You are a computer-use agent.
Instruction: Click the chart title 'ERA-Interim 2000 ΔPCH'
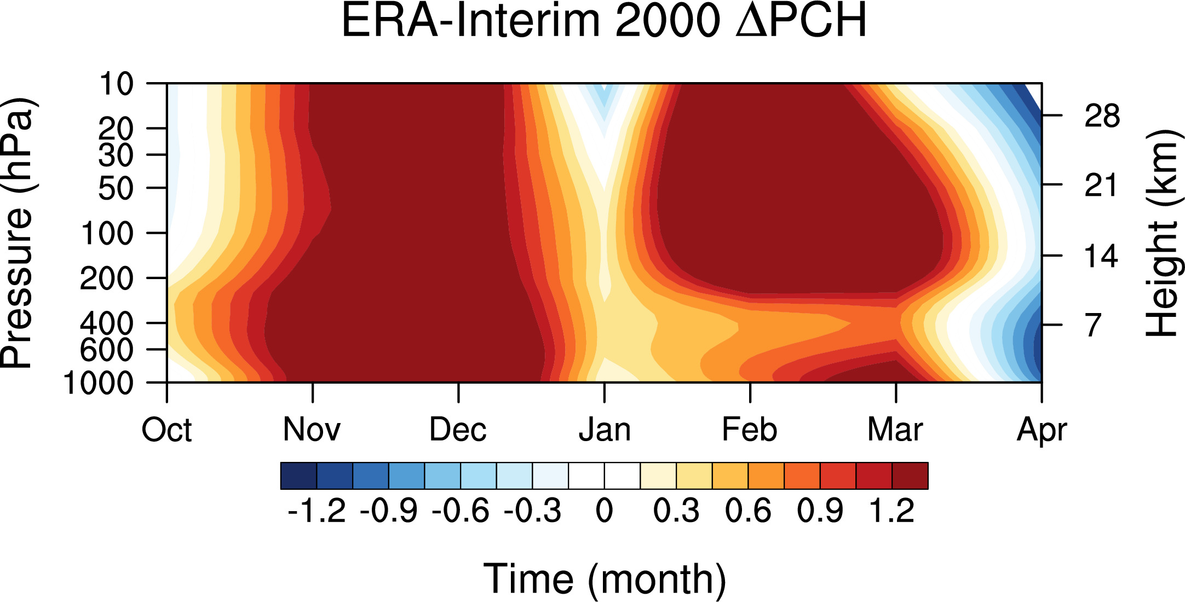coord(604,21)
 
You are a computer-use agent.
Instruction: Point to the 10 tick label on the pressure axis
coord(116,84)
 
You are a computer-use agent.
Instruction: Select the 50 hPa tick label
coord(116,188)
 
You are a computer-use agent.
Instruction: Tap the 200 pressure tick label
coord(107,279)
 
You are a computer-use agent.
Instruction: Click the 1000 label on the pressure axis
coord(99,383)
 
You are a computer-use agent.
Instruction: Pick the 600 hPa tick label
coord(107,350)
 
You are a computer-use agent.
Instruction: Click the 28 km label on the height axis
coord(1102,116)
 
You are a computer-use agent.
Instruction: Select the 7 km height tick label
coord(1093,325)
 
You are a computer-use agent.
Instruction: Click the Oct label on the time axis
coord(166,430)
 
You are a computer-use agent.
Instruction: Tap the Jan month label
coord(605,430)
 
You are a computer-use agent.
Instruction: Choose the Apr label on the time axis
coord(1042,430)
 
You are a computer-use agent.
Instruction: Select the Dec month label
coord(458,430)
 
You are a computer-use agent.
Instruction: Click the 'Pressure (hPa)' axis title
coord(18,233)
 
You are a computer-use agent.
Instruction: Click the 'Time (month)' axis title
coord(605,579)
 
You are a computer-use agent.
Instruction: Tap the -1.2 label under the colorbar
coord(317,511)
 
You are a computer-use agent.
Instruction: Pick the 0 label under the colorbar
coord(604,511)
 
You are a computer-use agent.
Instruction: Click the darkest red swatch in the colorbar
coord(910,476)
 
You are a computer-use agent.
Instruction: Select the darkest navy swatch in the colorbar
coord(298,476)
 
